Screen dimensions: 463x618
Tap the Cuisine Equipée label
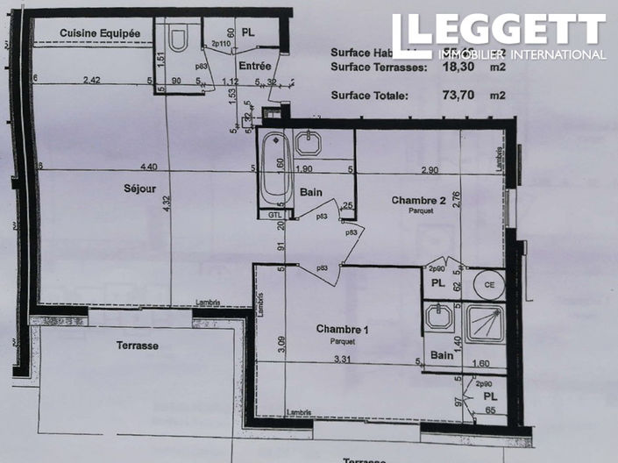click(100, 32)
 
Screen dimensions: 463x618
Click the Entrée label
click(252, 66)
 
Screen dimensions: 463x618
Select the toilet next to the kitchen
click(179, 39)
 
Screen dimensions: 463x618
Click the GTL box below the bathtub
click(275, 213)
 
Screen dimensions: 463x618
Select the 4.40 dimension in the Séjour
click(148, 167)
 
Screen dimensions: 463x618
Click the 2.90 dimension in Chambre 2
click(429, 168)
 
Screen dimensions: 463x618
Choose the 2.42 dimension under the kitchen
click(92, 81)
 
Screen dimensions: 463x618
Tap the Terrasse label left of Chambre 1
click(138, 345)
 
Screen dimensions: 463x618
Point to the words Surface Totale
click(369, 96)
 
